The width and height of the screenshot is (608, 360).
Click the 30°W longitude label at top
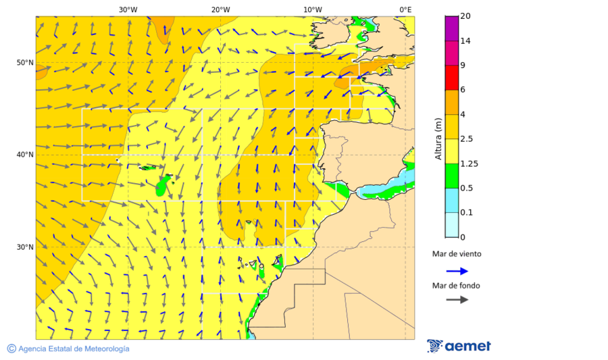pos(128,9)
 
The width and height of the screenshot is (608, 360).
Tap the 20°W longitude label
pos(220,9)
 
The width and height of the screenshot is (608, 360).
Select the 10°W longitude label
pos(312,9)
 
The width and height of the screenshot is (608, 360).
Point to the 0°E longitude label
pos(405,9)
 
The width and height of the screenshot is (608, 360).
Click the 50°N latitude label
pos(25,63)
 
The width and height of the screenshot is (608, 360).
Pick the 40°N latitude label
pos(25,155)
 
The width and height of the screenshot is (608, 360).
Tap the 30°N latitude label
pos(25,247)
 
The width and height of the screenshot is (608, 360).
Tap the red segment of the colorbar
pos(451,78)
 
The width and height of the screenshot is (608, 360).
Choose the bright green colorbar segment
pos(451,176)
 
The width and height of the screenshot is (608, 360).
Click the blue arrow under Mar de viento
pos(457,271)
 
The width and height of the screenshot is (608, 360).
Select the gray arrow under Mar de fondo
pos(457,299)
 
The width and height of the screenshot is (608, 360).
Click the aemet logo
pos(459,346)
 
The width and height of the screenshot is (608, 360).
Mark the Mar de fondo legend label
pos(456,286)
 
